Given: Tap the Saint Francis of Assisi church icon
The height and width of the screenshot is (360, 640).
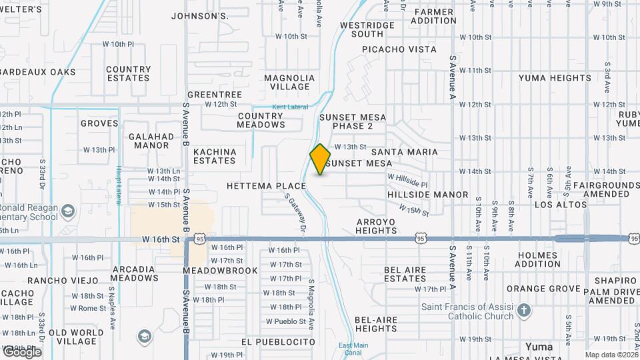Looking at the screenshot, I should (524, 311).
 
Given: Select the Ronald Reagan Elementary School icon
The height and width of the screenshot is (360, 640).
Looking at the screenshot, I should (67, 212).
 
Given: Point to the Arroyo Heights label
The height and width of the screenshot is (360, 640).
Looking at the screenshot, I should (376, 226).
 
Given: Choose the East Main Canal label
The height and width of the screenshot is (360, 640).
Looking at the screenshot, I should (353, 349).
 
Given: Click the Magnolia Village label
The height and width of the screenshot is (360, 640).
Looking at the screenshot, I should (288, 82).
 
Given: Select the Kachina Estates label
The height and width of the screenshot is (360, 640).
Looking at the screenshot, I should (215, 156).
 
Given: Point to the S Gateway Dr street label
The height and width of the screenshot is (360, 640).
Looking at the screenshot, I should (295, 213).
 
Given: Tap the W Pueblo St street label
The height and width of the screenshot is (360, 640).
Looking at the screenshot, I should (285, 321).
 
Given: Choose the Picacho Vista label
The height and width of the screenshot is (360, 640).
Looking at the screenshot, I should (399, 49).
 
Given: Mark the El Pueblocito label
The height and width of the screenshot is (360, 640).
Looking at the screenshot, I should (278, 341).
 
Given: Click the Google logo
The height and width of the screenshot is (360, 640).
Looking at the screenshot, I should (21, 352).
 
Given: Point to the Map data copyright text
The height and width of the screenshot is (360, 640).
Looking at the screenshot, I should (611, 355).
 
